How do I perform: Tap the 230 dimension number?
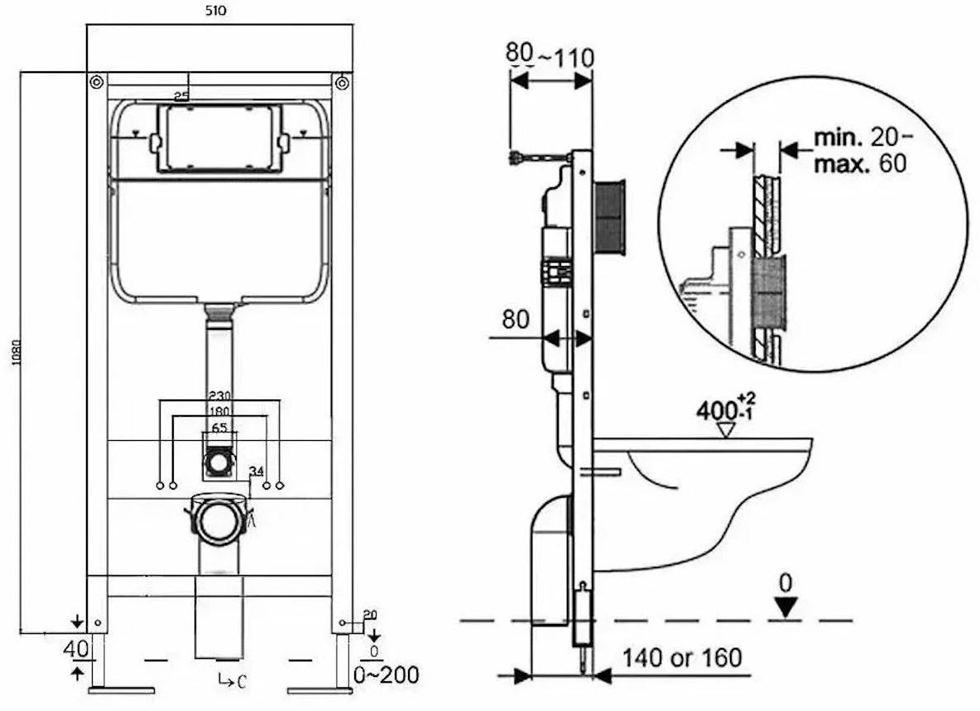219,396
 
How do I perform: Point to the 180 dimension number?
219,412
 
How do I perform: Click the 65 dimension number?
219,428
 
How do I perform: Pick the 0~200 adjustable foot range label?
386,673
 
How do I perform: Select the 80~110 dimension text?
550,56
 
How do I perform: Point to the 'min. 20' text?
857,137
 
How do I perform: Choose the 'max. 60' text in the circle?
859,163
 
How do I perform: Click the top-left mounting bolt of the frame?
96,81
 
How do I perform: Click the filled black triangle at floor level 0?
787,608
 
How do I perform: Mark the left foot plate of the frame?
122,689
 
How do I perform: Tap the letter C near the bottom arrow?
240,682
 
